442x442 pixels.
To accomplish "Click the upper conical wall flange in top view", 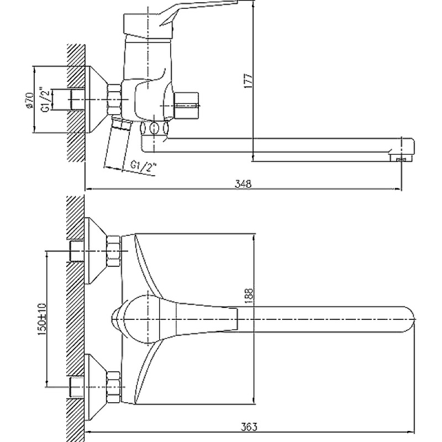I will click(x=97, y=251).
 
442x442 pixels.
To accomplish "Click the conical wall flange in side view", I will click(x=97, y=100).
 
